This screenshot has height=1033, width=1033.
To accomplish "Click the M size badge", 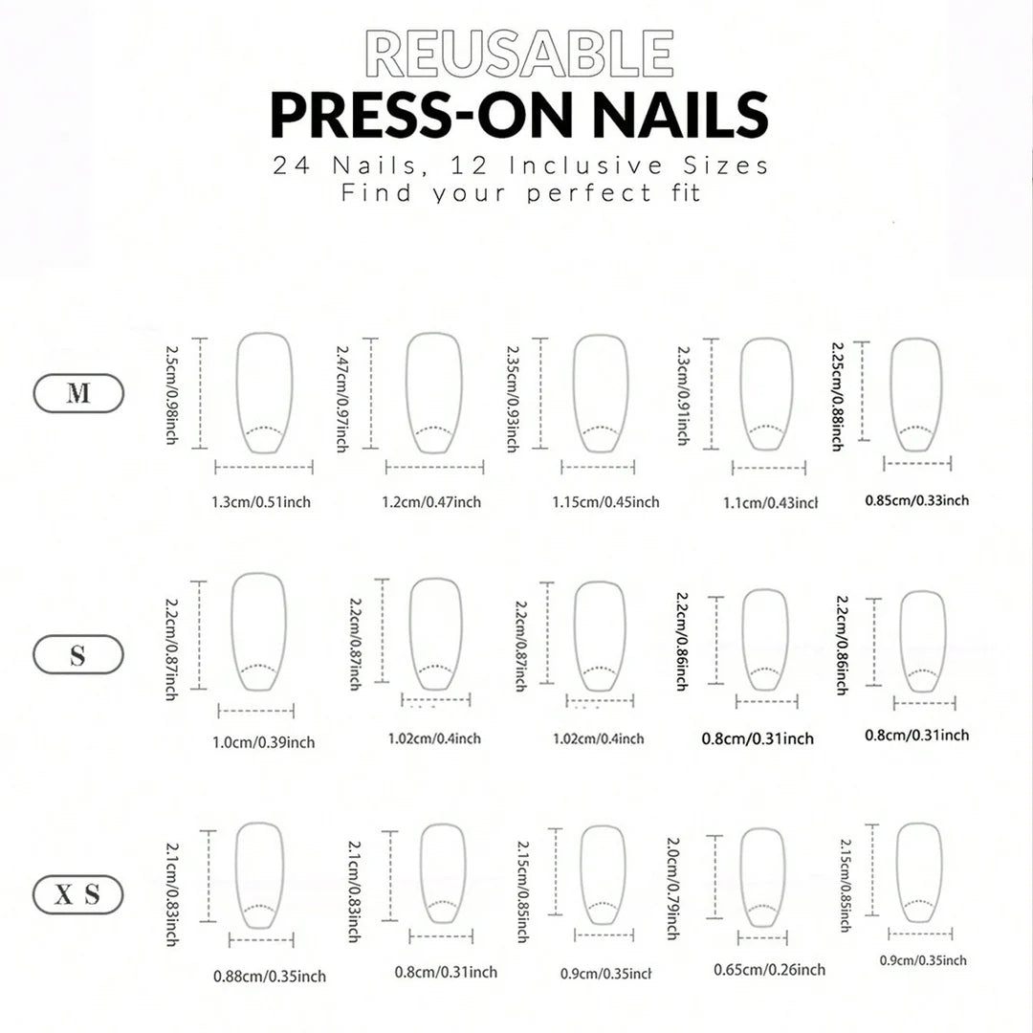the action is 78,393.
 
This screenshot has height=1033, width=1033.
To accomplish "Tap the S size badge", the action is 78,654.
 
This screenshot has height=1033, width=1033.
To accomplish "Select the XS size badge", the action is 78,894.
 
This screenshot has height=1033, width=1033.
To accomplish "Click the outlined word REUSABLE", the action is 519,54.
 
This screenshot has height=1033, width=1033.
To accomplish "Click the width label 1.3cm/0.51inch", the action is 261,502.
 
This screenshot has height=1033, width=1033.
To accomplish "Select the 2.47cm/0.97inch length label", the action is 342,399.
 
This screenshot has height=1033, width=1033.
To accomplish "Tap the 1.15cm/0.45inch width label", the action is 605,502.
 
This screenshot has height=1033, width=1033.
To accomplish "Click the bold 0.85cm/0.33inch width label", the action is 917,500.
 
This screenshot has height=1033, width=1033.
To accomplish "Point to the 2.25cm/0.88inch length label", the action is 838,396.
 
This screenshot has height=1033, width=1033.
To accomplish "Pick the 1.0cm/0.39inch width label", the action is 264,742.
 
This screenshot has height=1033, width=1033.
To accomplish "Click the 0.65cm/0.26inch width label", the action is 769,970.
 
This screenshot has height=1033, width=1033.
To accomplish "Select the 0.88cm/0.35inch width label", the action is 270,977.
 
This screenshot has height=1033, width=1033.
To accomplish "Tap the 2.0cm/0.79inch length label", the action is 672,888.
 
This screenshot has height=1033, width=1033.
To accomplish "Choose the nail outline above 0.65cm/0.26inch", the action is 741,876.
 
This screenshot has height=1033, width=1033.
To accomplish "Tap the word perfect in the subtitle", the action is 589,193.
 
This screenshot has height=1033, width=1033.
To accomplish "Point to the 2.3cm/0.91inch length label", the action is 683,395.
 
